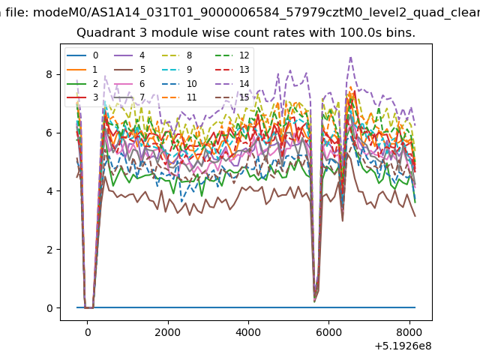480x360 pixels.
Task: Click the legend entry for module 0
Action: pos(82,55)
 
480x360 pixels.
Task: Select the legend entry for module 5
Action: pos(130,70)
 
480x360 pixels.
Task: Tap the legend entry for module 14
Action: pos(232,83)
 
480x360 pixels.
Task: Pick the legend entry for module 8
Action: pos(177,55)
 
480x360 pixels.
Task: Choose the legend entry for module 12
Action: pos(232,55)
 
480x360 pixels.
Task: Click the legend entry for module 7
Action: pos(130,97)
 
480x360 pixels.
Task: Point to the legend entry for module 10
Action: pos(179,83)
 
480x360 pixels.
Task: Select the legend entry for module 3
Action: pos(82,97)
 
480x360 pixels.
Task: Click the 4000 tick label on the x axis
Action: pos(248,332)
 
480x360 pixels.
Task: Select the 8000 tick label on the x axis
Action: pos(409,332)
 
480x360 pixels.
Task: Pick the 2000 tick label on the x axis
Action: pos(168,332)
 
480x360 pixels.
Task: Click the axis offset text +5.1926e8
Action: pos(403,346)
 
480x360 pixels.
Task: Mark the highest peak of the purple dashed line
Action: pos(351,57)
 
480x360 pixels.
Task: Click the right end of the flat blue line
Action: pos(415,307)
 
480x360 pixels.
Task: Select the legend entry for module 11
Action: pos(179,97)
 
